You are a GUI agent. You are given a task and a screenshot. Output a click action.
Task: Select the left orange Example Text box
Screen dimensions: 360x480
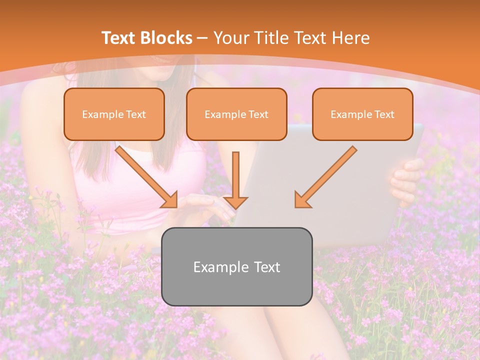[x=114, y=114]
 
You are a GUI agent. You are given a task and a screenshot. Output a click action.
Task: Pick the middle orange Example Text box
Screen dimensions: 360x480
[x=236, y=114]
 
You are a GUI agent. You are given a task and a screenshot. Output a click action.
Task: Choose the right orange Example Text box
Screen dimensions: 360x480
[x=362, y=114]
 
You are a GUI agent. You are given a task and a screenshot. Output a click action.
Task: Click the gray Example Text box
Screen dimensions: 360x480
[x=236, y=266]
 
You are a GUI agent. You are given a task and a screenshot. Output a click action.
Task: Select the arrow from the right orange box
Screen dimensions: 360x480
[x=325, y=177]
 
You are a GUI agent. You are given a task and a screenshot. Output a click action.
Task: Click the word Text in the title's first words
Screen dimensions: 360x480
[x=119, y=38]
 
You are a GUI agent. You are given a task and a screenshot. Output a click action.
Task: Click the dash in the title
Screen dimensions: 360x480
[x=202, y=38]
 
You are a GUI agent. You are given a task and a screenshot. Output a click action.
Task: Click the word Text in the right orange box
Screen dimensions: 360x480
[x=384, y=114]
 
